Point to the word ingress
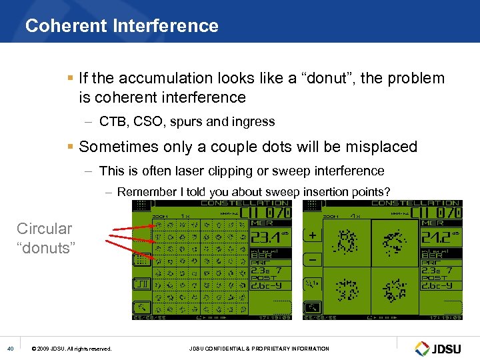click(253, 121)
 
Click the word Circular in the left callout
click(44, 229)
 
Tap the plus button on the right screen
click(311, 235)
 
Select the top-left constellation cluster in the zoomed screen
click(346, 239)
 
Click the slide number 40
click(10, 349)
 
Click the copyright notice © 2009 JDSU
click(71, 349)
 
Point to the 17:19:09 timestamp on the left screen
click(275, 317)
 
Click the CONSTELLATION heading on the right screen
click(415, 203)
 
